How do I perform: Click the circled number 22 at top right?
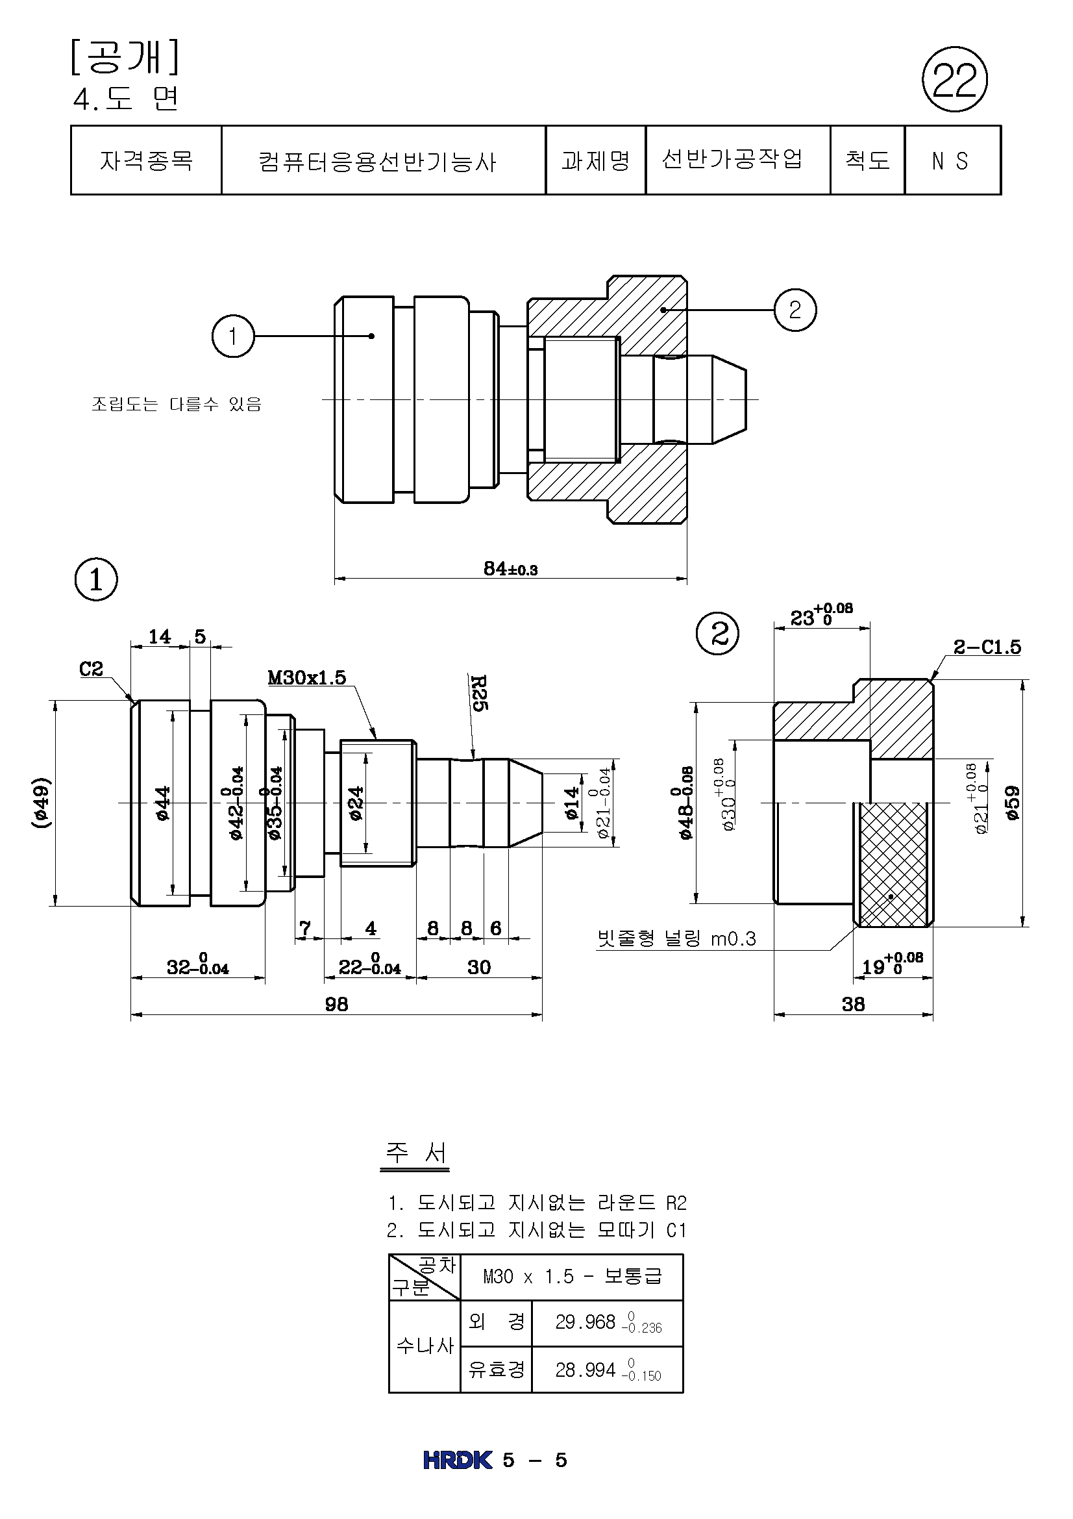[x=954, y=79]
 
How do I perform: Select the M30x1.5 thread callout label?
[x=307, y=677]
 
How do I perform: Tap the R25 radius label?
[x=478, y=693]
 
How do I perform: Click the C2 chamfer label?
[x=92, y=669]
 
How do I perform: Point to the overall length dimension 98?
[x=336, y=1004]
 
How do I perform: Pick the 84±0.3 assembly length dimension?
[x=510, y=569]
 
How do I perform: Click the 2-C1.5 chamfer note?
[x=987, y=647]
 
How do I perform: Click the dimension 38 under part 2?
[x=853, y=1004]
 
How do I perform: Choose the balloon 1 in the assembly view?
[x=233, y=336]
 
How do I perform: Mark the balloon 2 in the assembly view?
[x=795, y=310]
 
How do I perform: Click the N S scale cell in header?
[x=951, y=161]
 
